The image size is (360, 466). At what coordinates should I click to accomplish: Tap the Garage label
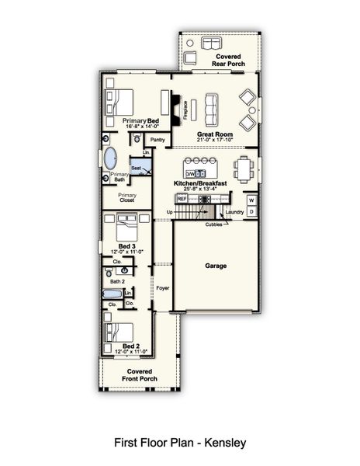[216, 266]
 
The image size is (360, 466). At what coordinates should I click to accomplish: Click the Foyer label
[162, 287]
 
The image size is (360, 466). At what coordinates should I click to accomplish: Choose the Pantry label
[158, 140]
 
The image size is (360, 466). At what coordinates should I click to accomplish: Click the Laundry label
[234, 211]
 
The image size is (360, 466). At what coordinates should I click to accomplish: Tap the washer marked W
[251, 200]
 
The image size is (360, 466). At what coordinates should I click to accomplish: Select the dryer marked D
[251, 211]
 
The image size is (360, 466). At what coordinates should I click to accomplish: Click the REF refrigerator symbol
[182, 199]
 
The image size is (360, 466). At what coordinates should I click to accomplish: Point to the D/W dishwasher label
[189, 172]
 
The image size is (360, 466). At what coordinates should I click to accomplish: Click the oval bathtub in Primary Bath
[109, 158]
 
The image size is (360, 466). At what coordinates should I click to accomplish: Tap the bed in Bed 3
[126, 228]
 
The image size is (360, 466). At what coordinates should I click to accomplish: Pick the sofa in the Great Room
[209, 109]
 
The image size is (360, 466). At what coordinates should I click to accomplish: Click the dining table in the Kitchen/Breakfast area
[243, 168]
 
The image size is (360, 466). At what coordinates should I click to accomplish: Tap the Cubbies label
[214, 224]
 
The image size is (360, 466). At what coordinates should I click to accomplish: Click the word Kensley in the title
[227, 443]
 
